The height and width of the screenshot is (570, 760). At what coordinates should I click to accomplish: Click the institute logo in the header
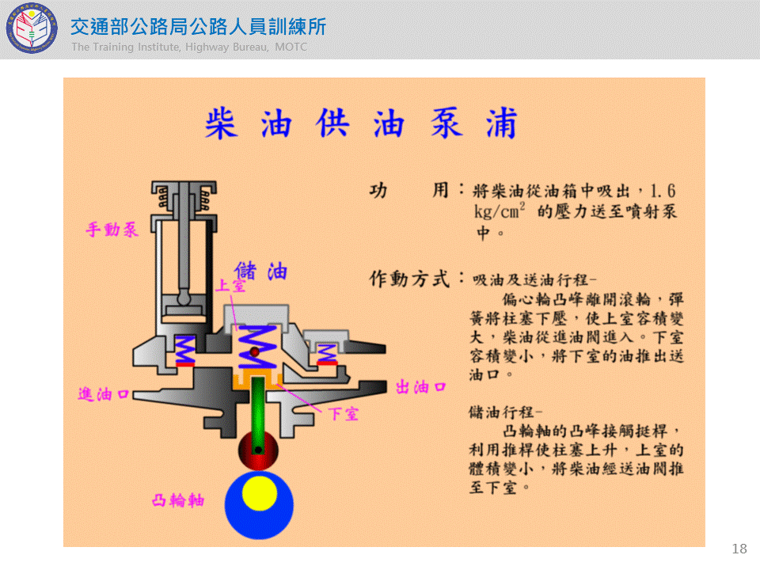[x=32, y=28]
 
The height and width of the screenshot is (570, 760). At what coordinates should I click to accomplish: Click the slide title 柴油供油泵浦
[x=361, y=123]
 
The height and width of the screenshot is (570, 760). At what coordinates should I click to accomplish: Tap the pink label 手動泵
[x=112, y=230]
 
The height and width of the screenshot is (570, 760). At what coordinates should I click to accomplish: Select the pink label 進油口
[x=103, y=394]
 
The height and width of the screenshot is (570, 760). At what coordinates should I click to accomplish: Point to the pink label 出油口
[x=420, y=387]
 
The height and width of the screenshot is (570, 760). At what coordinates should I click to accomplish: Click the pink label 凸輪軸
[x=178, y=500]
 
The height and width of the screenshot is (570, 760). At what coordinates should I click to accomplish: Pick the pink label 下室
[x=343, y=414]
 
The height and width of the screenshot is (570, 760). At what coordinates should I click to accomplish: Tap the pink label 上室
[x=230, y=286]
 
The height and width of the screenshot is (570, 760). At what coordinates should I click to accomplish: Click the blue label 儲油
[x=260, y=272]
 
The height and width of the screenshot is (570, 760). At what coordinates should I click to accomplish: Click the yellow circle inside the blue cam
[x=260, y=493]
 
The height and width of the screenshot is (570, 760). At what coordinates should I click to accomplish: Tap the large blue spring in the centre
[x=257, y=347]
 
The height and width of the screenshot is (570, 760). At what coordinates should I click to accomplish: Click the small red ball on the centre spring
[x=254, y=351]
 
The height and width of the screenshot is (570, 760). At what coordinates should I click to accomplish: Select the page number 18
[x=739, y=549]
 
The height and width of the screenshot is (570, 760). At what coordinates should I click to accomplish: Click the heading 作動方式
[x=410, y=279]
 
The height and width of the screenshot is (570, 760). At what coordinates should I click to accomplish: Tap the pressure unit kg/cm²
[x=500, y=211]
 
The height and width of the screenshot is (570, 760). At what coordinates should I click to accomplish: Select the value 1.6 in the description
[x=663, y=191]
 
